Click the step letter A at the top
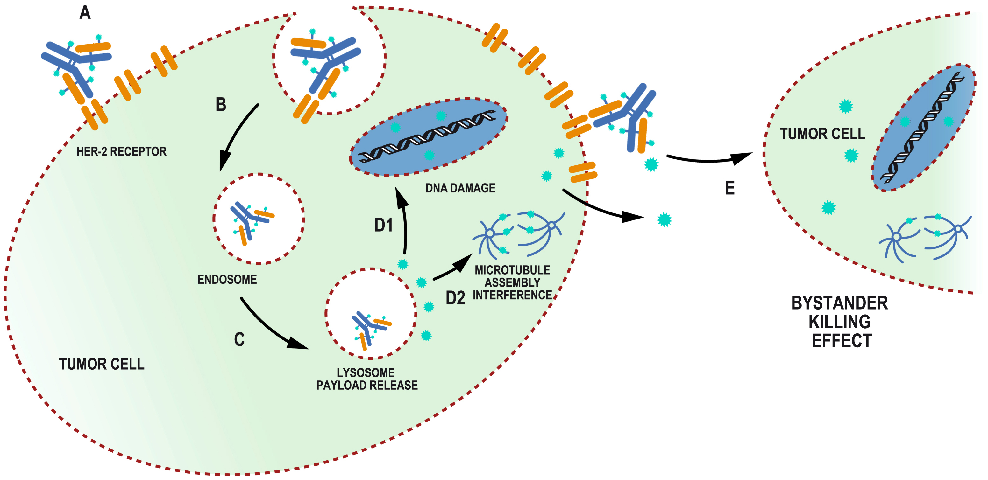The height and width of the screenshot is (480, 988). (x=85, y=13)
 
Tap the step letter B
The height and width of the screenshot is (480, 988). (x=221, y=105)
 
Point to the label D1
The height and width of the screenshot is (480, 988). (x=383, y=225)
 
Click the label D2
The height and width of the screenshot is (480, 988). (x=455, y=298)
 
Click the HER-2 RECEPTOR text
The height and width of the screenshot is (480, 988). (x=121, y=152)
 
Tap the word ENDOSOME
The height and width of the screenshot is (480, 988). (x=227, y=280)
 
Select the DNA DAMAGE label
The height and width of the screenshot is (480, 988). (x=460, y=188)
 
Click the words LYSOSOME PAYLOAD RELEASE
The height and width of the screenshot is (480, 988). (x=367, y=379)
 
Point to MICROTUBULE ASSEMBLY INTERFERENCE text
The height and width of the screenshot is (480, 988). (x=512, y=283)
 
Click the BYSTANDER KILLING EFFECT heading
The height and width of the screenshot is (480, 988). (x=839, y=322)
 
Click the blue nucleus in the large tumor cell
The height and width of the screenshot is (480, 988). (x=429, y=137)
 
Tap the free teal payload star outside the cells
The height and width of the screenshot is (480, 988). (x=664, y=220)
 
